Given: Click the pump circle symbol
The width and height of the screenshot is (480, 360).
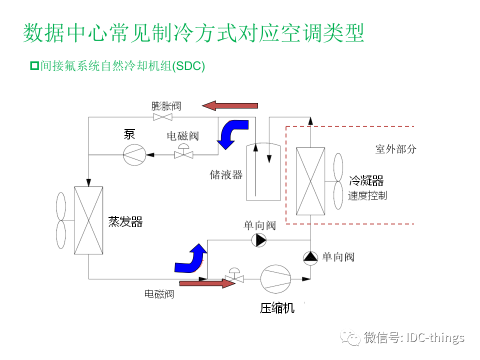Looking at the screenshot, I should point(134,155).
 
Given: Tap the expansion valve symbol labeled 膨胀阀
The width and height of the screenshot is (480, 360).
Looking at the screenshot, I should point(162,117).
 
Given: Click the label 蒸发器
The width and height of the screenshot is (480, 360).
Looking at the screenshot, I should point(125,221).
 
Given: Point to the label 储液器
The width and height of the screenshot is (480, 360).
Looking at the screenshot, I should point(226,175).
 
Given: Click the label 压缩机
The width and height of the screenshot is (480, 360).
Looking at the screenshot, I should point(277,308).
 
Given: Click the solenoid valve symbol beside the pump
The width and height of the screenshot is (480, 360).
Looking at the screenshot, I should point(183,153).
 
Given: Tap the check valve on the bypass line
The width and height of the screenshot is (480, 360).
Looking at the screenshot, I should point(259,240).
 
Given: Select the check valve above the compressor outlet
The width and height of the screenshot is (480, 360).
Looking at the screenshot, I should point(310,257).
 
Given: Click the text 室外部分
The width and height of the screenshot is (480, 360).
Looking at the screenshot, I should point(395,149).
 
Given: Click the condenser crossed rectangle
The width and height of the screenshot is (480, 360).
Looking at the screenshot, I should point(310,181).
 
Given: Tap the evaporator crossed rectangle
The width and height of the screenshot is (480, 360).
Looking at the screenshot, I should point(88,220).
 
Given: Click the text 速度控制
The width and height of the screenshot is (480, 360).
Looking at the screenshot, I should point(367,195).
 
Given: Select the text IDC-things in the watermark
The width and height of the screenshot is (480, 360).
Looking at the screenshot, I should point(435,337).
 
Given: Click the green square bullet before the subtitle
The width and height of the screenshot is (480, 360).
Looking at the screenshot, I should point(34,65).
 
